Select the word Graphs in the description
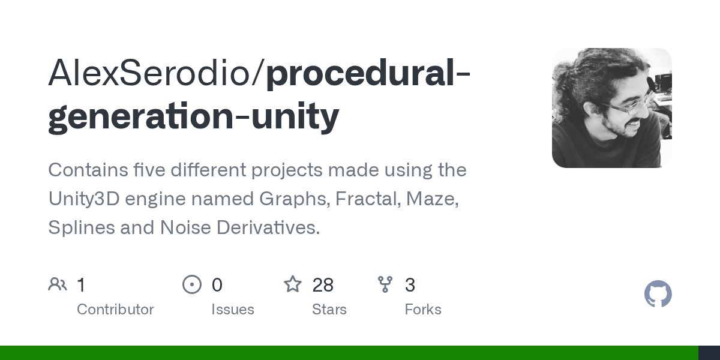(x=295, y=199)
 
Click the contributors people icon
(x=58, y=284)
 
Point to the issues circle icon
(x=192, y=284)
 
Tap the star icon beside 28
(x=293, y=284)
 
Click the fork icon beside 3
(x=385, y=284)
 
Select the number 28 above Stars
(x=323, y=285)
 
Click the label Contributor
(x=115, y=310)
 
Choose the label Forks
(x=422, y=310)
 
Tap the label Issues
(x=232, y=310)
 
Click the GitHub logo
(x=658, y=295)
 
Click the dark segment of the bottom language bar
(x=709, y=353)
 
